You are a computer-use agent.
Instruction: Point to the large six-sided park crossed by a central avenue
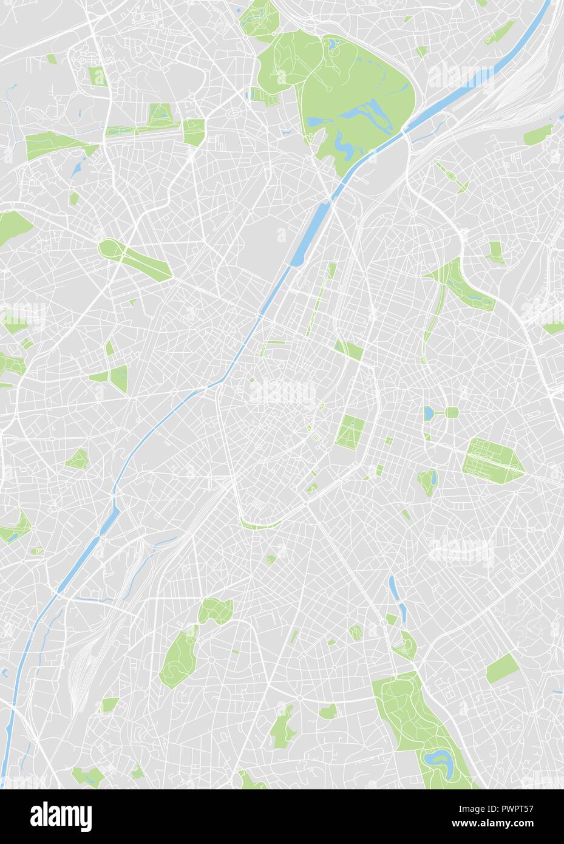[x=492, y=455]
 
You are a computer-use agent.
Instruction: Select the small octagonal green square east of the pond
[x=452, y=413]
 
